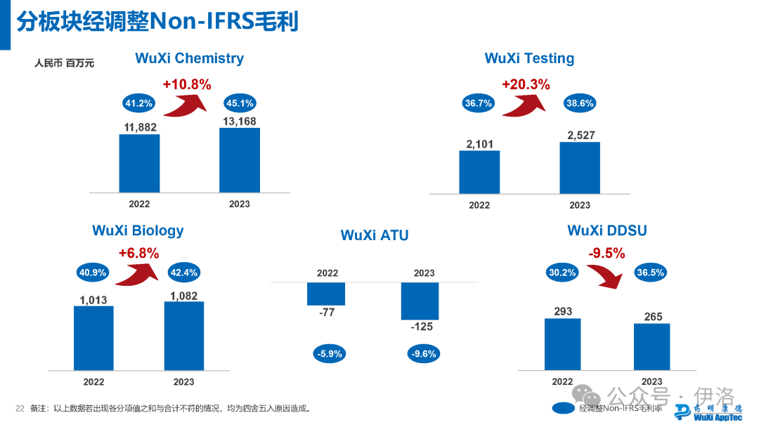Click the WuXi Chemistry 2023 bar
[239, 159]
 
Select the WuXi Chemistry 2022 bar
[139, 162]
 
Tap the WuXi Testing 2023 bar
[580, 168]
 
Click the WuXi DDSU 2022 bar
[562, 343]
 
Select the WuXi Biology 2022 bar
[93, 338]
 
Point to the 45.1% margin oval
[240, 103]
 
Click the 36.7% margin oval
[479, 103]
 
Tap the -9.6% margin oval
[423, 354]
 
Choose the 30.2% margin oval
[562, 272]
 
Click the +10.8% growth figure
[187, 84]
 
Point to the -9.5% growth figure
[606, 254]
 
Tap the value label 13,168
[239, 121]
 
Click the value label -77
[327, 313]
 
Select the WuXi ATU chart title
[375, 235]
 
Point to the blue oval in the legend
[564, 408]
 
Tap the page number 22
[20, 408]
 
